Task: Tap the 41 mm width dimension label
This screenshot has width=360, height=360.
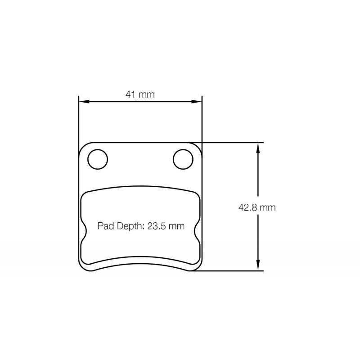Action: (x=140, y=94)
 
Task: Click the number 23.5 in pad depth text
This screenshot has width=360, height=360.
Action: (x=157, y=226)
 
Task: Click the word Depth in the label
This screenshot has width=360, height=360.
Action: (x=129, y=226)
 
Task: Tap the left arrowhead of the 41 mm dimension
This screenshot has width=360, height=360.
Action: (x=82, y=102)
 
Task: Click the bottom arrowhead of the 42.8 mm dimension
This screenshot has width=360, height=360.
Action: (x=258, y=267)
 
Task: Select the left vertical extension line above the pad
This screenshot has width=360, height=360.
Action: (x=79, y=121)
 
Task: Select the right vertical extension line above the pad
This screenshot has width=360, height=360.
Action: (x=202, y=121)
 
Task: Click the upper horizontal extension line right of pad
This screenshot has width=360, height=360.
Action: (x=229, y=142)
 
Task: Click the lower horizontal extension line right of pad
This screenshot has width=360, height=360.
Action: (x=229, y=271)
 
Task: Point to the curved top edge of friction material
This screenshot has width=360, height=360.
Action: (x=140, y=186)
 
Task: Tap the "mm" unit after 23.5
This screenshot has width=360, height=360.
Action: (x=176, y=226)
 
